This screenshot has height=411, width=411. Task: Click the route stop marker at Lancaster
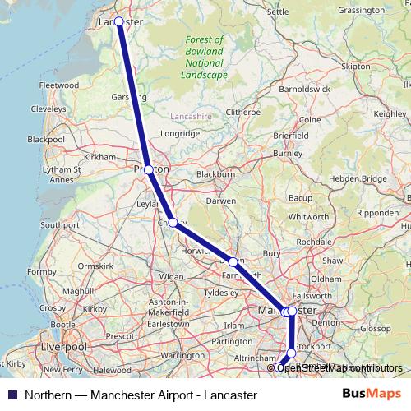coord(119,21)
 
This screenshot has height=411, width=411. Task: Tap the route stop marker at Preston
coord(148,169)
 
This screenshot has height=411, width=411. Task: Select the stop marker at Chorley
coord(173,222)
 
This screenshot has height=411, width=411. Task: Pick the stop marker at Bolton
coord(233,262)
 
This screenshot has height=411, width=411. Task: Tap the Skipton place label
coord(356,66)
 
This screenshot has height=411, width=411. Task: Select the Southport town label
coord(58,224)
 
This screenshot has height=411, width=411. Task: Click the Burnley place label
coord(288,153)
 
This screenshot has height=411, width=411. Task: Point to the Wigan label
coord(172,277)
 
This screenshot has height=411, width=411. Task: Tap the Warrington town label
coord(182,355)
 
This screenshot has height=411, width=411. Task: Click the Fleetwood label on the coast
coord(58,85)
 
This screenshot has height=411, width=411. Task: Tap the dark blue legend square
coord(11,395)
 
